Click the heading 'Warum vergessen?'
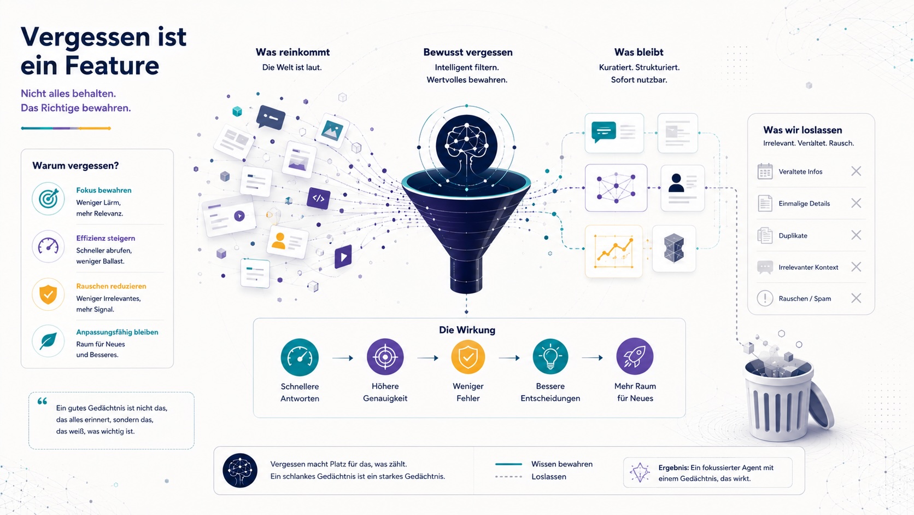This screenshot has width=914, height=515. [x=75, y=166]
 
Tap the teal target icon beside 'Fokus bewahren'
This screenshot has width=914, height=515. [x=48, y=199]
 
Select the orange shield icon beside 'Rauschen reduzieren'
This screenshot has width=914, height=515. [x=48, y=294]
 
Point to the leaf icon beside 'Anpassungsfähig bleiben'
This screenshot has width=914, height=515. [x=48, y=341]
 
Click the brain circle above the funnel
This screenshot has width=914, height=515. [x=466, y=146]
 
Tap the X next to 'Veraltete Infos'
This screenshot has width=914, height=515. [x=856, y=171]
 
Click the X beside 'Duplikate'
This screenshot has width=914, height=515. [x=856, y=235]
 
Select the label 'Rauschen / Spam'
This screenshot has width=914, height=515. [x=805, y=298]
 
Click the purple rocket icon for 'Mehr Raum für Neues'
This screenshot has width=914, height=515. [x=635, y=356]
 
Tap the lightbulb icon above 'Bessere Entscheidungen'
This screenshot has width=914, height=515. [x=550, y=357]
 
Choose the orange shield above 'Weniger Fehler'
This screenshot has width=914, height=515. [x=468, y=357]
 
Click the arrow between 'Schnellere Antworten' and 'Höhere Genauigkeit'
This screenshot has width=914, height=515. [x=343, y=358]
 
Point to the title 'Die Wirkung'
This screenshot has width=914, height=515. [x=467, y=330]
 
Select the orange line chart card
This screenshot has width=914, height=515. [x=614, y=251]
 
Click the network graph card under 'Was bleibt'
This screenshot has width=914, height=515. [x=616, y=188]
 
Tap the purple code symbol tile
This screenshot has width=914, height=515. [x=318, y=199]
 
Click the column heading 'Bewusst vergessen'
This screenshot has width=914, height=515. [x=467, y=53]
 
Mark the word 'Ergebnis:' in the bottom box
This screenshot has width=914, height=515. [x=673, y=467]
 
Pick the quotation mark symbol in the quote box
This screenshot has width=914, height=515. [x=43, y=402]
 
